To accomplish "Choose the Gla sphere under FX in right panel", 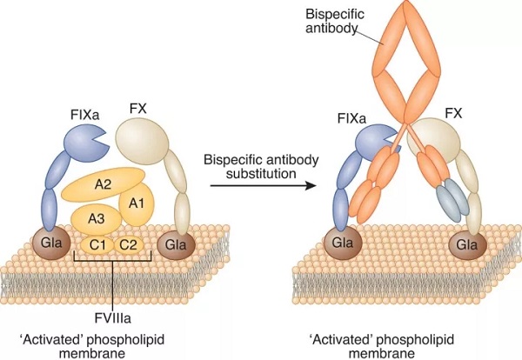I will click(x=465, y=243).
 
